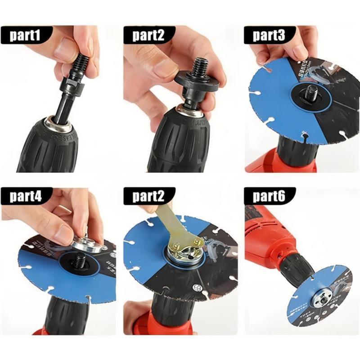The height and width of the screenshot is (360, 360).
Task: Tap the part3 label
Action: click(269, 35)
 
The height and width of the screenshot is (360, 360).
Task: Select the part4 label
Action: click(27, 196)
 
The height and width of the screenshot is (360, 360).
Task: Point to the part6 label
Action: click(269, 196)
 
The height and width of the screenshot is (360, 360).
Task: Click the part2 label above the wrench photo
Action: click(148, 196)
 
